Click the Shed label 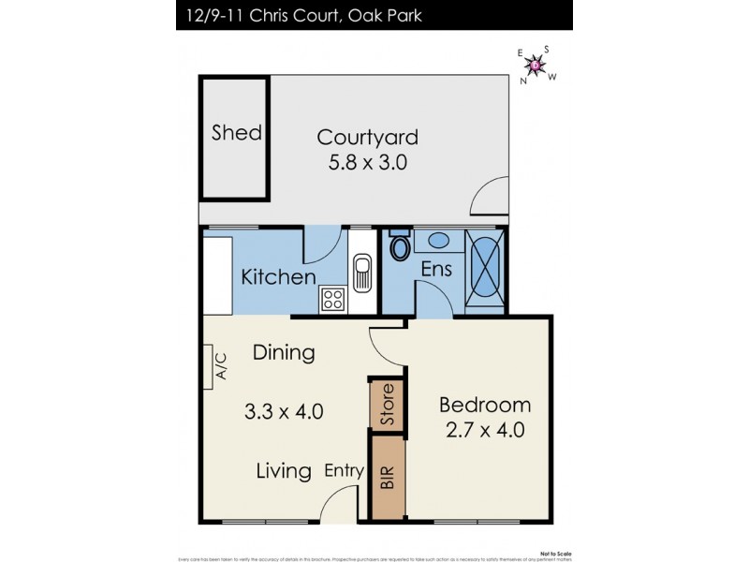point(236,132)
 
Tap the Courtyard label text point(367,137)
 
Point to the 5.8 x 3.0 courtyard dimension point(367,162)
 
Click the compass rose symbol point(536,65)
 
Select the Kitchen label point(278,277)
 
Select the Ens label point(436,270)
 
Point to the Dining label point(284,353)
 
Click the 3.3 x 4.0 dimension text point(284,410)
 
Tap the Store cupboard point(387,405)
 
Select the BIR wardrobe point(387,478)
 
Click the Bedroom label point(484,406)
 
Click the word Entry point(344,471)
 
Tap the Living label point(284,471)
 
